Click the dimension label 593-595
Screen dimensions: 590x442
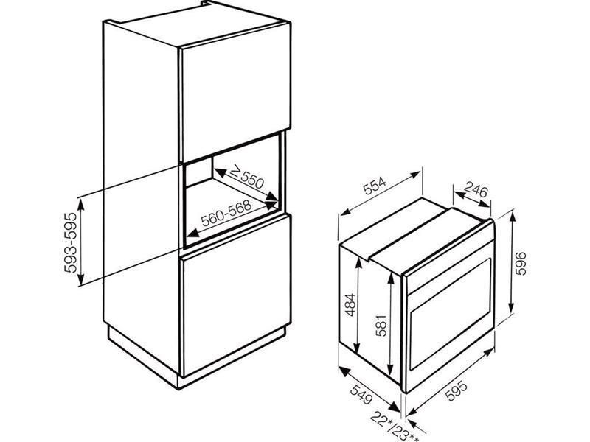71,242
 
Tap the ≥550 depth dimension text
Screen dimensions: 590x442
247,177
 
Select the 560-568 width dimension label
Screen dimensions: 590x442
226,213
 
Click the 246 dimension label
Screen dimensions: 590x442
475,189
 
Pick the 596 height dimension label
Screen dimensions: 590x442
521,264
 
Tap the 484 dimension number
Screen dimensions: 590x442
351,304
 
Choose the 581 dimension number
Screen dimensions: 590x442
381,325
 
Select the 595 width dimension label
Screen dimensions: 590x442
456,391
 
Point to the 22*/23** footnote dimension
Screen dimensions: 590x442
395,427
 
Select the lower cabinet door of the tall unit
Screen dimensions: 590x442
236,296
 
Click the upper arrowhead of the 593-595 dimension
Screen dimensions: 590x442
80,206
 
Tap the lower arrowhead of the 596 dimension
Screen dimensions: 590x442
512,307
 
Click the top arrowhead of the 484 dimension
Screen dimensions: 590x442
358,263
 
